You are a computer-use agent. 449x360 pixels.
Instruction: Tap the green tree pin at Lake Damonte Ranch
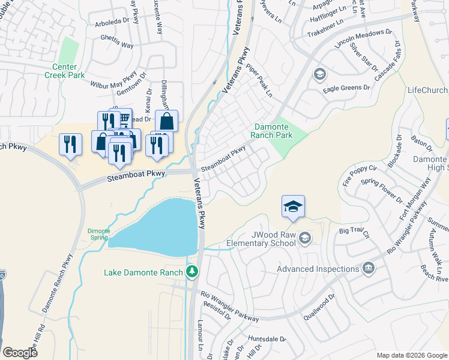(x=192, y=272)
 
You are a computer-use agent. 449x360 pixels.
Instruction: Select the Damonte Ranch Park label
(x=273, y=131)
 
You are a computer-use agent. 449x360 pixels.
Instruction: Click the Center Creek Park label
(x=64, y=70)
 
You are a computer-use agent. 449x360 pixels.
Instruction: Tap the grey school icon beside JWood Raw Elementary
(x=306, y=238)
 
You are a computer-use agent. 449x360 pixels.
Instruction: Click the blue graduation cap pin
(x=293, y=207)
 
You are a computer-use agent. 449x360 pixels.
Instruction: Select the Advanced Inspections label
(x=318, y=269)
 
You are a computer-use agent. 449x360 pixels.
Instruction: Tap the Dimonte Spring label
(x=98, y=234)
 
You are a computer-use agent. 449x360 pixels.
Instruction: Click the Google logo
(x=20, y=353)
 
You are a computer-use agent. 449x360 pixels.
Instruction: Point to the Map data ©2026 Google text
(x=412, y=355)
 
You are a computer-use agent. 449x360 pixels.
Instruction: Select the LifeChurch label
(x=427, y=91)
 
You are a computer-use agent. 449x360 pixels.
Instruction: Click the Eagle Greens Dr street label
(x=346, y=88)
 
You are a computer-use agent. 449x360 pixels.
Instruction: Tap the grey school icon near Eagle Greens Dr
(x=319, y=74)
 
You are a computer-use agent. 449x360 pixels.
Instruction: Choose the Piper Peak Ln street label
(x=260, y=82)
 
